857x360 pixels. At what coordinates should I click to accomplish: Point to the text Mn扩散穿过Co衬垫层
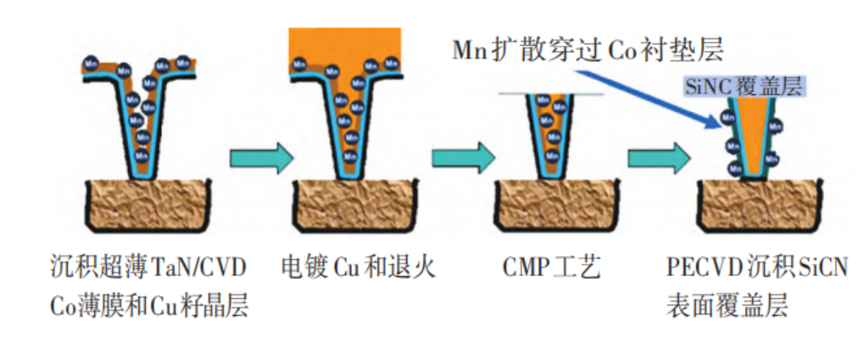pyautogui.click(x=588, y=49)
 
